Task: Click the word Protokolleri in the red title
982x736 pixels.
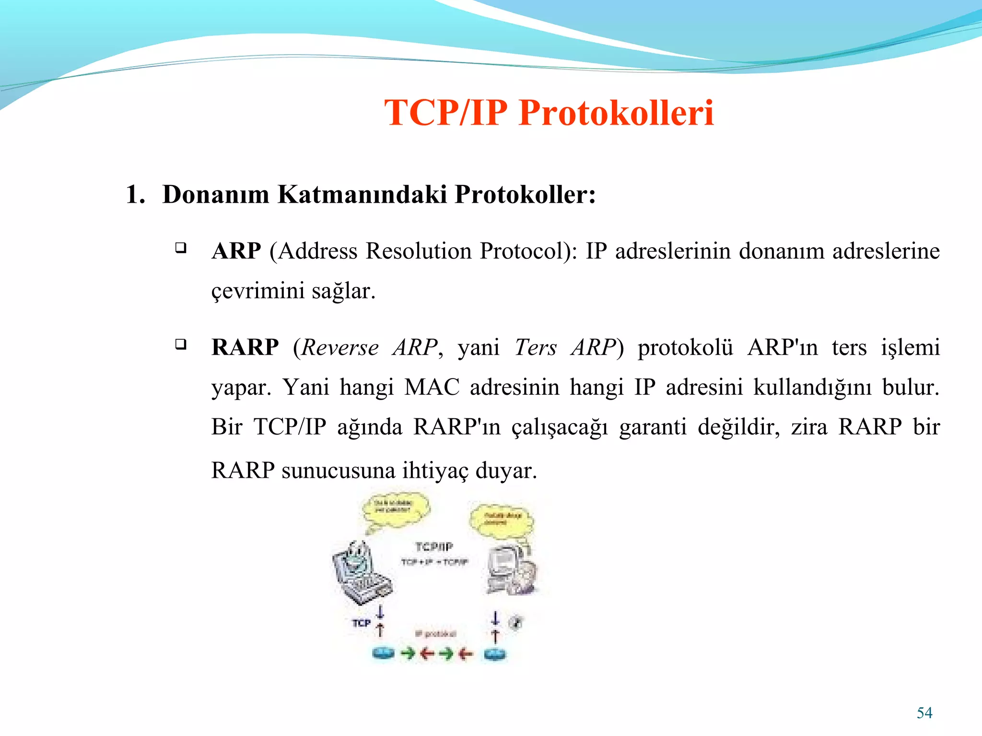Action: (x=616, y=113)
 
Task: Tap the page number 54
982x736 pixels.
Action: (x=924, y=713)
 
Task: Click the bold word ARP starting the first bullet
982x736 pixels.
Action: (x=236, y=251)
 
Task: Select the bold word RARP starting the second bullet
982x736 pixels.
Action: (x=245, y=347)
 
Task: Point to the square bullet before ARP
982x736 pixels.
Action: (x=181, y=248)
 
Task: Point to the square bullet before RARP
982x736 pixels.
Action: (x=181, y=344)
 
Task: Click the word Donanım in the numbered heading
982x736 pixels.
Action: (x=216, y=195)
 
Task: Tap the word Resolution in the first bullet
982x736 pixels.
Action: (x=419, y=251)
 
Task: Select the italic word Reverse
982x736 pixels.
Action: (x=340, y=347)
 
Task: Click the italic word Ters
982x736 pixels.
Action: (x=535, y=347)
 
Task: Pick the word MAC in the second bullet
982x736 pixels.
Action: (x=432, y=387)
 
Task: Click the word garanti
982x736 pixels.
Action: (x=653, y=427)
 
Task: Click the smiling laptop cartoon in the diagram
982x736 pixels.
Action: (x=361, y=573)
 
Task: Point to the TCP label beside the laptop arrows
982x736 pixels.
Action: (x=361, y=623)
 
